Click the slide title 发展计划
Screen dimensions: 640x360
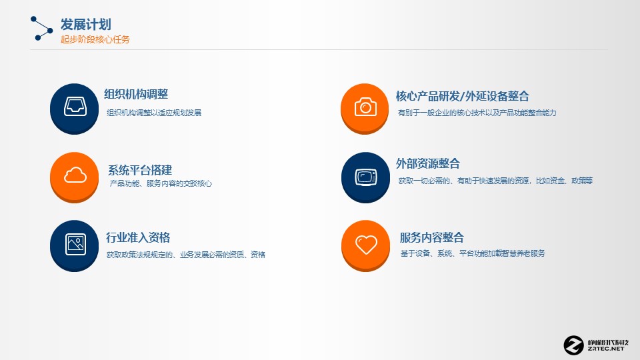[86, 25]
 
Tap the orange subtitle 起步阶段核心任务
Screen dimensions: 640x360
[95, 39]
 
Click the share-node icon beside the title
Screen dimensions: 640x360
[41, 29]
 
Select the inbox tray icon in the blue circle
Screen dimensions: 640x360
[75, 107]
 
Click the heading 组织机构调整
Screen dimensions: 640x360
[136, 94]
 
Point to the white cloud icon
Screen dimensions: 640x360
[75, 175]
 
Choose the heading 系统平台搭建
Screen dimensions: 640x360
[140, 170]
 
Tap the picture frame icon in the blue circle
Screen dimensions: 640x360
[75, 244]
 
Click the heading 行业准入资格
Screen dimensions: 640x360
[138, 237]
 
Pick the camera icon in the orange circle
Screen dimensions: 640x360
[365, 107]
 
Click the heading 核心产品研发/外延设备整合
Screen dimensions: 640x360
[463, 96]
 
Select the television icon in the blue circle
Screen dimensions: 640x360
[366, 177]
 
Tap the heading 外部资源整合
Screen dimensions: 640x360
[428, 164]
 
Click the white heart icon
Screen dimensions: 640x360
[366, 245]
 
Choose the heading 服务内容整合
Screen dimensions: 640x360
[432, 237]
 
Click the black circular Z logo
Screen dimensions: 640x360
[573, 345]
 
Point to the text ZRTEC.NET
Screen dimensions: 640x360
[606, 349]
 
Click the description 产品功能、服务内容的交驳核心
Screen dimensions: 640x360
[161, 184]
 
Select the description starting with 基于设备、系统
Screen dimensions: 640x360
[473, 253]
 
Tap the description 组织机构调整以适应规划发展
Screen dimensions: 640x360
[154, 113]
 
